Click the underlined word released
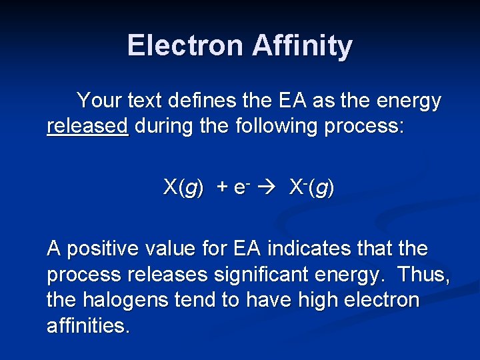pos(87,127)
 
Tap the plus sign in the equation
pos(221,188)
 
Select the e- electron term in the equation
pos(241,188)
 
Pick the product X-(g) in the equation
pos(311,188)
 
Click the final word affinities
pos(89,327)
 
